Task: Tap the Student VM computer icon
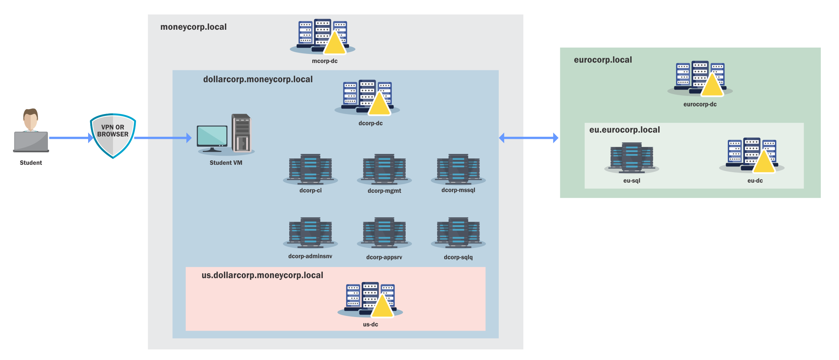point(225,135)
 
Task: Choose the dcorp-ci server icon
point(310,169)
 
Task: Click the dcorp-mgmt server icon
point(384,169)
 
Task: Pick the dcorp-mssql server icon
point(458,169)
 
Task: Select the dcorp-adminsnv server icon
point(310,233)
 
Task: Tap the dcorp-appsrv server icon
point(384,233)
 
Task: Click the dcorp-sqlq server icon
point(458,233)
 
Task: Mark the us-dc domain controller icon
point(370,299)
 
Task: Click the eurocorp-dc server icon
point(700,78)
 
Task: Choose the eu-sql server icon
point(632,158)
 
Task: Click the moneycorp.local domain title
point(193,27)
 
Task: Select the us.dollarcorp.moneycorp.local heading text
point(262,275)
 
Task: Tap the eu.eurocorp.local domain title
point(625,130)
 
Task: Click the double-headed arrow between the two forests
point(528,138)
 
